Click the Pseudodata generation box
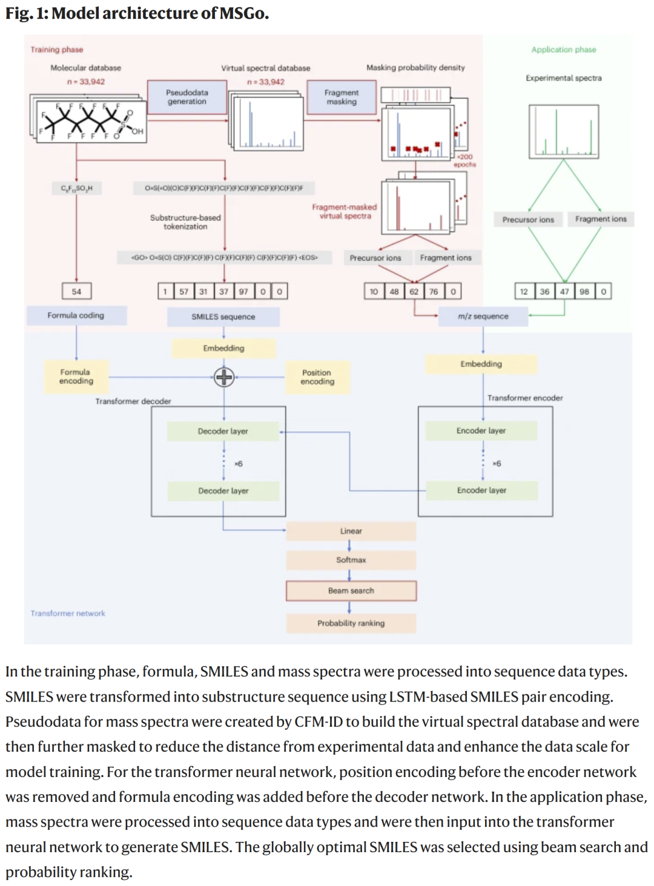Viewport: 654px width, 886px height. pos(187,97)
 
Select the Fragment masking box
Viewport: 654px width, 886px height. pos(342,97)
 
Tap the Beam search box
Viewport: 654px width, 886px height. pos(351,591)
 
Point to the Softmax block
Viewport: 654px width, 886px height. pos(351,560)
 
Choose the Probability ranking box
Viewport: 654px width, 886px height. pos(351,623)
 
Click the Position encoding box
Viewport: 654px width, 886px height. pos(317,377)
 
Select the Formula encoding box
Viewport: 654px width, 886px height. pos(76,376)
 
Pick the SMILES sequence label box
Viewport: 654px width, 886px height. pos(223,317)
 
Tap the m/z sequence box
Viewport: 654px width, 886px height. pos(483,316)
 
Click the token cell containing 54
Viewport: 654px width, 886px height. pos(76,291)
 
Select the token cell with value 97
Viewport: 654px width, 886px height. pos(243,291)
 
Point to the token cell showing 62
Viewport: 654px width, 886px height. pos(414,291)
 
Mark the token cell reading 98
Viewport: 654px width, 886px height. pos(584,291)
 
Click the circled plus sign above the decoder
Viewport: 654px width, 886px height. pos(224,377)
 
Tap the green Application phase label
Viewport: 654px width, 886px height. pos(564,50)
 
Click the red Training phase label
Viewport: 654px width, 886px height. pos(57,50)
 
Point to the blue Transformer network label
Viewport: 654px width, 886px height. pos(68,613)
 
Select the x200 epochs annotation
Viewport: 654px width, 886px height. pos(465,160)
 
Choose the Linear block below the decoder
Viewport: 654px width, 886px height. pos(351,531)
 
